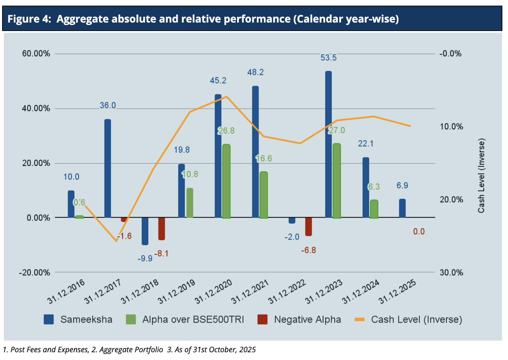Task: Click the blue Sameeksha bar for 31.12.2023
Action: click(x=328, y=144)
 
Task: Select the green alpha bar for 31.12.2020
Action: click(x=226, y=181)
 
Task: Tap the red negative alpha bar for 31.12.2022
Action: click(x=309, y=226)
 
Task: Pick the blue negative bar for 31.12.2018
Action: click(x=145, y=231)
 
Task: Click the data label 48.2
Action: click(x=256, y=72)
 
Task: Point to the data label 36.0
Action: click(x=108, y=105)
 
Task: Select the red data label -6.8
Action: click(x=308, y=250)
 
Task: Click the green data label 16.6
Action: click(x=264, y=159)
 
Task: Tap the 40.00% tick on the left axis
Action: click(x=36, y=108)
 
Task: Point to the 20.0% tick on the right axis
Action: click(x=451, y=199)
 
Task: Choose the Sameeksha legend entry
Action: click(x=78, y=319)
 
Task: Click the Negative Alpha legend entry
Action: click(x=299, y=319)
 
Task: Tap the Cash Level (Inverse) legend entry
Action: click(x=408, y=319)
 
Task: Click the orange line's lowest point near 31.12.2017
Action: click(x=116, y=241)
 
